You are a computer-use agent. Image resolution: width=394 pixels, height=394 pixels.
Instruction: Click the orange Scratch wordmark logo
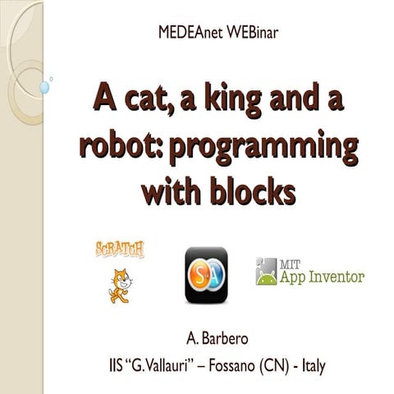120,249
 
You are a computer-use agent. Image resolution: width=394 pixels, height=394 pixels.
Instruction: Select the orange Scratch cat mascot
121,284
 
